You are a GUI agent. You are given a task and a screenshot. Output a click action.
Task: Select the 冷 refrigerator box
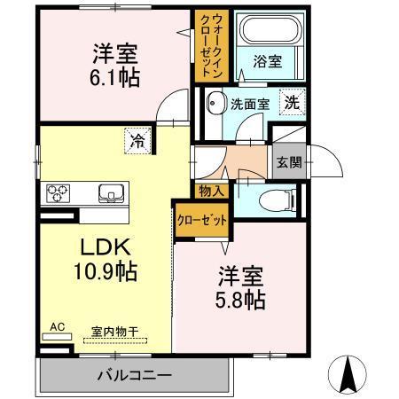[138, 139]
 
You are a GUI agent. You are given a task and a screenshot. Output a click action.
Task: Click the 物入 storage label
[211, 190]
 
